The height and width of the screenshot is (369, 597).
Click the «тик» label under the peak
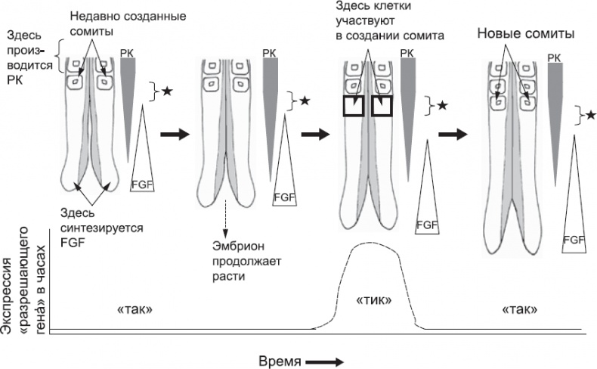(373, 300)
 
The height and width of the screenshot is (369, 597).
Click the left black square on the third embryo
(354, 106)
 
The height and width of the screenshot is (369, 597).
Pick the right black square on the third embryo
(384, 106)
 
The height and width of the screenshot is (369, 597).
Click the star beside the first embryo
(168, 91)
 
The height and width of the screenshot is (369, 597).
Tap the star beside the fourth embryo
(590, 114)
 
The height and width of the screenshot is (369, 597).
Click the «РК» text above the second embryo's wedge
(268, 53)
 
